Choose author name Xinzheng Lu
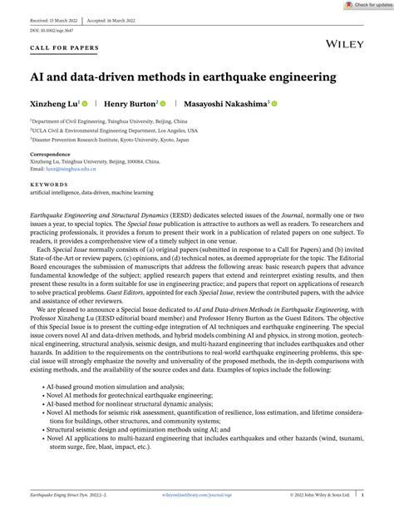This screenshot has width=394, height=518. point(56,104)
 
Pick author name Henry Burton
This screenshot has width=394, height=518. point(132,104)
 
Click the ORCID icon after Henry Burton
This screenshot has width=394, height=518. point(163,104)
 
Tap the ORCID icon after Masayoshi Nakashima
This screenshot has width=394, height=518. point(273,104)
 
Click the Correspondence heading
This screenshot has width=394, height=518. point(50,155)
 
